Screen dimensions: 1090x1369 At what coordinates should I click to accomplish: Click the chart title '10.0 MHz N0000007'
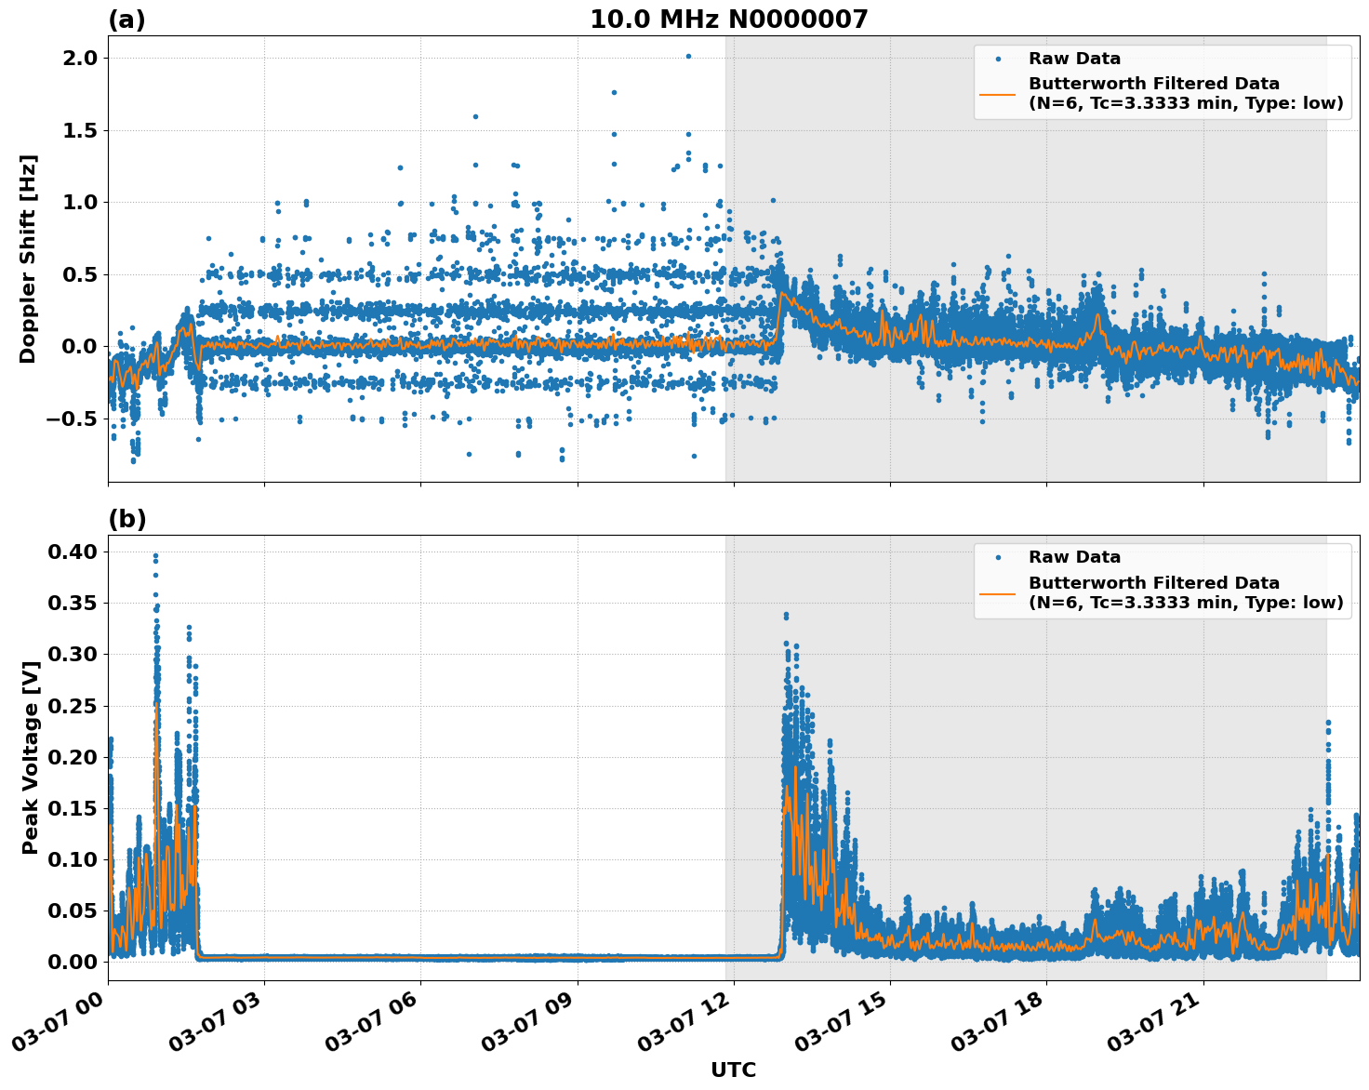[728, 20]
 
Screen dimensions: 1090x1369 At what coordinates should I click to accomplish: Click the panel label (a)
[126, 20]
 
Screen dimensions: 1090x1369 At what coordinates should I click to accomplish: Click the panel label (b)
[126, 519]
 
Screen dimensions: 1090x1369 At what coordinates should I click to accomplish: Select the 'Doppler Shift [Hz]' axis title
[29, 259]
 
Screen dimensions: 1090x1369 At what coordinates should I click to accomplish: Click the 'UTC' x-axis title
[733, 1070]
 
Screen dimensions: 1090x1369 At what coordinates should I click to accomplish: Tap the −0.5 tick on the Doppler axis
[71, 419]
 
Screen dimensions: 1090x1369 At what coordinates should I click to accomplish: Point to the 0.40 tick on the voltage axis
[73, 552]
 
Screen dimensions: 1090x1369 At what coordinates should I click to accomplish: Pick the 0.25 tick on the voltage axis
[73, 706]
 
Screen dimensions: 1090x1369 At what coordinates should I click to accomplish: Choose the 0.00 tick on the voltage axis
[73, 962]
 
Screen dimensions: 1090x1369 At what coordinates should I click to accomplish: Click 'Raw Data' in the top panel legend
[1074, 59]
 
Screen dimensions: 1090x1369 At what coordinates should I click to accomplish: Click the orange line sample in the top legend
[998, 94]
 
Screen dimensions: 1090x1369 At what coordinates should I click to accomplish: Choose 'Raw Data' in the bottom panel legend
[1074, 557]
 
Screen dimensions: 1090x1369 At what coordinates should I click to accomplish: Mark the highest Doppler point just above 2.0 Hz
[688, 56]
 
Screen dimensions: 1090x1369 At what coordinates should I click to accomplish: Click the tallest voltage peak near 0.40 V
[155, 555]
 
